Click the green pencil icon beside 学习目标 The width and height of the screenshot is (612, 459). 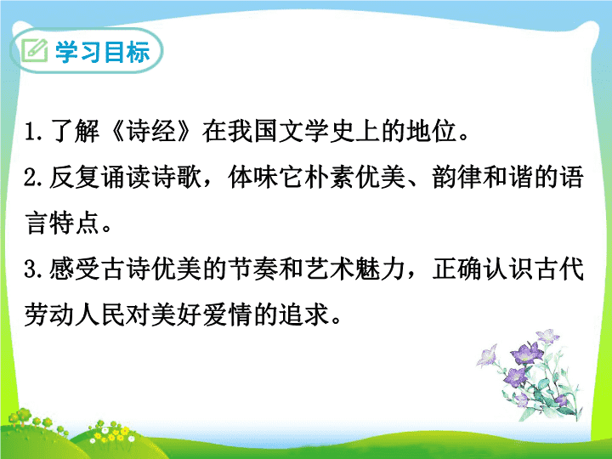tap(34, 51)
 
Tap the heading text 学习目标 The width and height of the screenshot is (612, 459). tap(103, 52)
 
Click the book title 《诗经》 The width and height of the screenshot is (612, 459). tap(151, 131)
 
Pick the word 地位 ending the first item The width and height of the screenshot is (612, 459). tap(431, 131)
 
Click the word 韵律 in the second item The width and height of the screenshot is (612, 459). tap(456, 177)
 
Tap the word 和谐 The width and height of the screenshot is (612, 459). tap(507, 177)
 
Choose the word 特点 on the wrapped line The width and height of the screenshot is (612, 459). tap(75, 224)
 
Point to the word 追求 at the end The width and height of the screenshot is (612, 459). tap(304, 315)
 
